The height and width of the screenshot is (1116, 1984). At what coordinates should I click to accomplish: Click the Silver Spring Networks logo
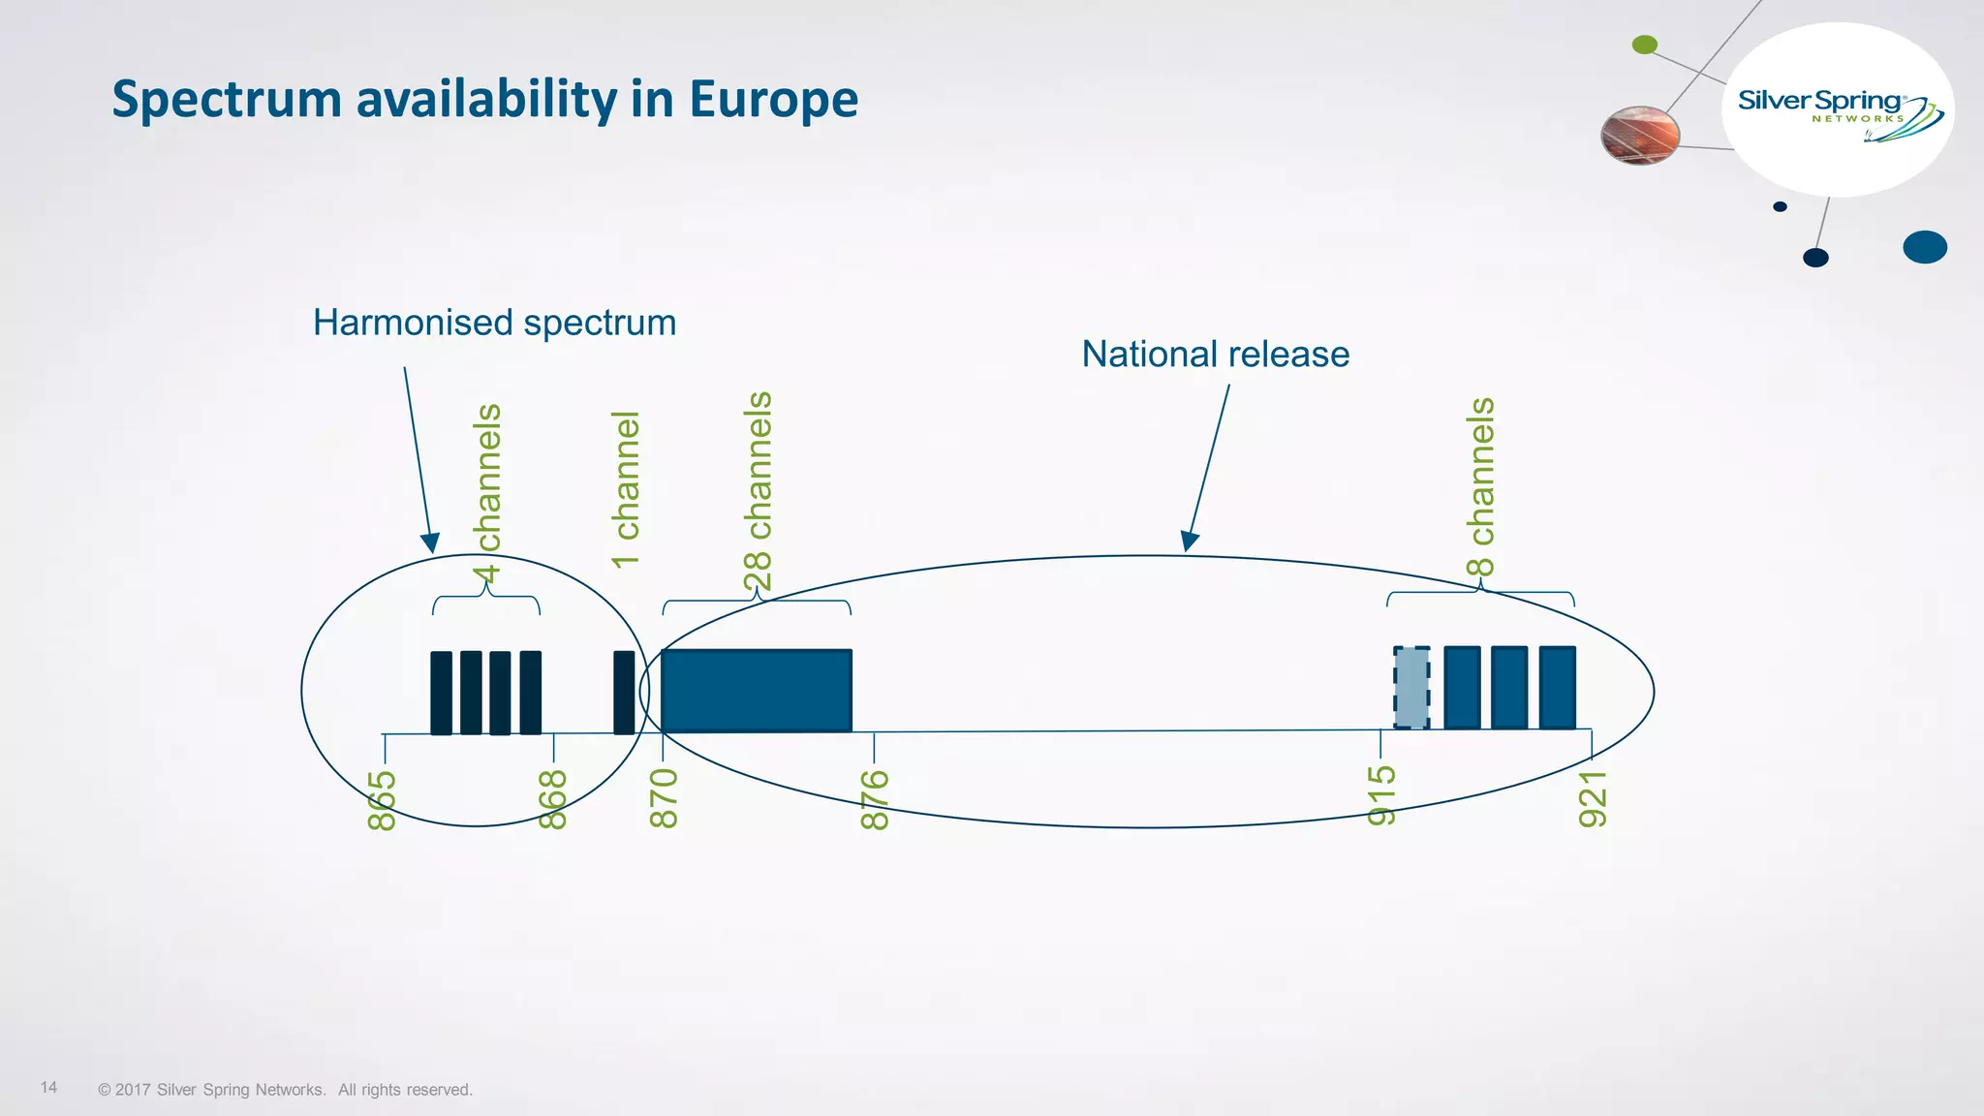[1839, 110]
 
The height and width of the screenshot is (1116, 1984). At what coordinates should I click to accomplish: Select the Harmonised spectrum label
[494, 323]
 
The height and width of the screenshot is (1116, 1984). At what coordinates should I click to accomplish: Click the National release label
[1215, 354]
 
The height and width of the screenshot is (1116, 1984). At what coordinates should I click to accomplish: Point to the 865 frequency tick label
[383, 800]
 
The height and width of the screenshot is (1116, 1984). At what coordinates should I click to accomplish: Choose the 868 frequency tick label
[552, 800]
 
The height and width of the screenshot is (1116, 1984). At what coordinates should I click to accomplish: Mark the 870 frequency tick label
[664, 798]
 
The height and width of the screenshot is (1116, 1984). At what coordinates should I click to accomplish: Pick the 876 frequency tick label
[875, 800]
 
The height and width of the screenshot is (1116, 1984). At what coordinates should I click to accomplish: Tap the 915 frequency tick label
[1381, 795]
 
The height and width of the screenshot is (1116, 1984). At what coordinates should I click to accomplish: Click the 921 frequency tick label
[1593, 799]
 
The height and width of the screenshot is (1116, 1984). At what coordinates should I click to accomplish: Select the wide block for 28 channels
[757, 691]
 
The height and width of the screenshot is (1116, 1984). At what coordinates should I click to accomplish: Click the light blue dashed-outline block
[1411, 688]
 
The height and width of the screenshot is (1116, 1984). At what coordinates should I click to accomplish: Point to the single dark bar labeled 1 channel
[624, 692]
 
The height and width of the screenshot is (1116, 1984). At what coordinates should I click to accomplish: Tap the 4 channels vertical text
[488, 494]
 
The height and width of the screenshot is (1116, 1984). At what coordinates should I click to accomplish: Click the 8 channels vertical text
[1481, 486]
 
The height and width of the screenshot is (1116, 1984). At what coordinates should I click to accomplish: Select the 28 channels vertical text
[759, 491]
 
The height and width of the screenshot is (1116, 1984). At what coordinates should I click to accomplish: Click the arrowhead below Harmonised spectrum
[430, 543]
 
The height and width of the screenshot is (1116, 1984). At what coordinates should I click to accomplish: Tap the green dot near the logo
[1645, 45]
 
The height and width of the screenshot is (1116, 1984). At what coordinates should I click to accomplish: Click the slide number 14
[48, 1087]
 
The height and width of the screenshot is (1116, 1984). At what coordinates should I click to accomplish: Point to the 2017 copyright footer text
[285, 1090]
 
